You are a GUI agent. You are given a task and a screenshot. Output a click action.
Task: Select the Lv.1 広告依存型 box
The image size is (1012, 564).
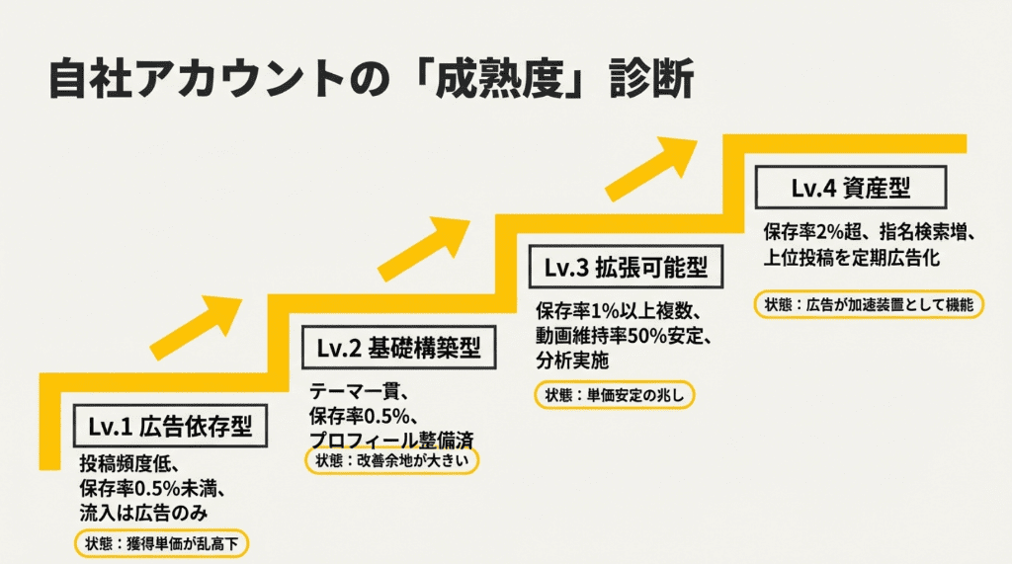(x=170, y=427)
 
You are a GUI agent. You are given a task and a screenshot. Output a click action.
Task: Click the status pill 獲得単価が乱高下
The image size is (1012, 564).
(x=163, y=542)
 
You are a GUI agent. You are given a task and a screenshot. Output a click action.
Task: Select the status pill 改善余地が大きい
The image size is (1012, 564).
(x=391, y=461)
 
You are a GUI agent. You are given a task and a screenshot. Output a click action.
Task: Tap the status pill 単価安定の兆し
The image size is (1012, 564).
(x=615, y=395)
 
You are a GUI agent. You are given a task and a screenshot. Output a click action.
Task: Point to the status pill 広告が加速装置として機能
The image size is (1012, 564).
(x=870, y=304)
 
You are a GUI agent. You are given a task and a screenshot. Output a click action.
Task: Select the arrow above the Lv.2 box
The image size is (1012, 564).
(x=422, y=245)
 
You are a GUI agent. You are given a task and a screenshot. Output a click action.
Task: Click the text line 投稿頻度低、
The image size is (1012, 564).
(x=128, y=465)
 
